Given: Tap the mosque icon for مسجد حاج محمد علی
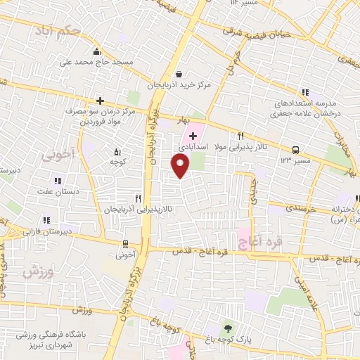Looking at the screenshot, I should pos(97,51).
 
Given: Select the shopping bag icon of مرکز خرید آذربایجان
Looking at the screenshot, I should pos(179,73).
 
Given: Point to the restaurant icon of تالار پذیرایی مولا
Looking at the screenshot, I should pos(240,136).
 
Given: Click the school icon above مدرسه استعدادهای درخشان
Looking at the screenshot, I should pos(304,92).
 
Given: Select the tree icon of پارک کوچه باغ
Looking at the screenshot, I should pos(227,328).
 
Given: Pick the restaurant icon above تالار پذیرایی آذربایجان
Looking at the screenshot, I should pos(139,199).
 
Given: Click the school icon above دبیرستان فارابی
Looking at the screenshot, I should pos(46,219).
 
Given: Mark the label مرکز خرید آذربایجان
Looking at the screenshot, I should pos(179,85).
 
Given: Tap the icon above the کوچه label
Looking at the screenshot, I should pos(117,150).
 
